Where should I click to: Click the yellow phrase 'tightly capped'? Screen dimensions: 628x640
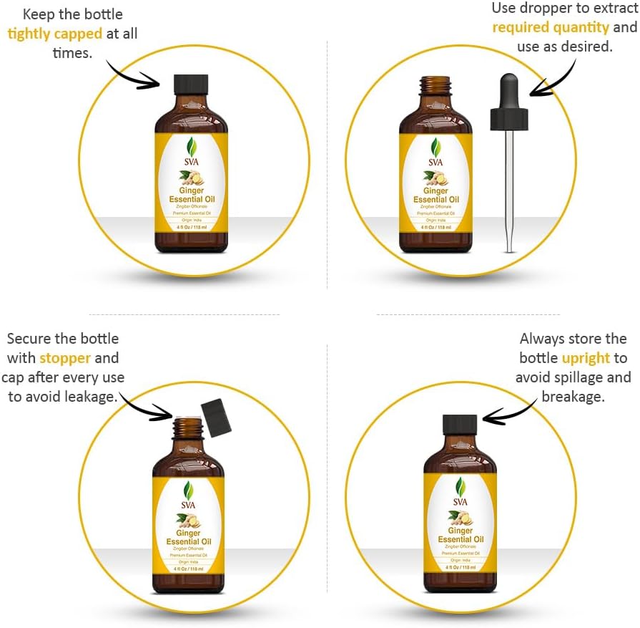[x=54, y=34]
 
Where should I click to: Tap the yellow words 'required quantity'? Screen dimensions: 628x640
[x=551, y=27]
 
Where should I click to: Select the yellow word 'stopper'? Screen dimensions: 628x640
[x=65, y=357]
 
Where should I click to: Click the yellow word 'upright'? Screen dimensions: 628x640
[x=586, y=357]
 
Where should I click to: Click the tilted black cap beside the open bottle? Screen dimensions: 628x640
[x=215, y=418]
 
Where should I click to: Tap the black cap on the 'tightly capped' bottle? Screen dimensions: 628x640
[x=191, y=84]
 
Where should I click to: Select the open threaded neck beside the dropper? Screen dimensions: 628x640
[x=435, y=87]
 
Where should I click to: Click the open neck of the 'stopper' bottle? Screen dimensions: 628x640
[x=189, y=427]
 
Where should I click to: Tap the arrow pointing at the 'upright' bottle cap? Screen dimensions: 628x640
[x=508, y=412]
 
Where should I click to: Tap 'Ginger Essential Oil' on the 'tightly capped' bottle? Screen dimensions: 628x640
[x=191, y=195]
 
